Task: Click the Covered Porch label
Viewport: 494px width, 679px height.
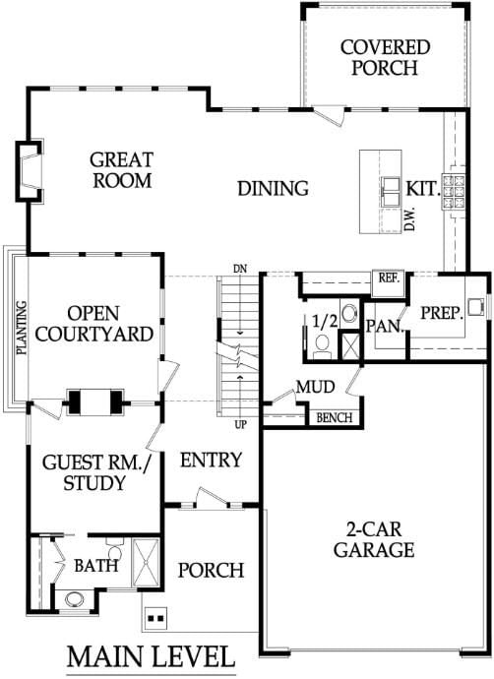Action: pos(385,58)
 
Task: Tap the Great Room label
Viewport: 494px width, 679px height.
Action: pos(122,170)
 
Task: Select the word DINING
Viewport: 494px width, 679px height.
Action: pos(274,188)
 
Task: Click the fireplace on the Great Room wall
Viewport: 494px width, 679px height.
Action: pos(30,170)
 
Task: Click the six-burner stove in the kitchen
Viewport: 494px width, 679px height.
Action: pos(453,192)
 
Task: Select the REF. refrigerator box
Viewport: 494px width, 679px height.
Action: pos(389,284)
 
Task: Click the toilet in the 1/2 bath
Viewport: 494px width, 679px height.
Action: pos(322,346)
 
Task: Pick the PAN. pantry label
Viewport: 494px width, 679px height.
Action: pos(385,326)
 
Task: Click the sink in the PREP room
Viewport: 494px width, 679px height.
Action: pos(475,306)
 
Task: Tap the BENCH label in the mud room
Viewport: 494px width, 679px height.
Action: pos(335,418)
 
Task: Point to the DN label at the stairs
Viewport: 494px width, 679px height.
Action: pos(240,269)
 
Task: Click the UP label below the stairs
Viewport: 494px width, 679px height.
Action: pos(241,425)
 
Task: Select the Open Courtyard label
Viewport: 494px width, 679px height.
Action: pos(93,324)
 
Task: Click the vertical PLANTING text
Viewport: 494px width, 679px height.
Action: pos(22,328)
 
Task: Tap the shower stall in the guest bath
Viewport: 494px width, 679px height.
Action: pos(146,563)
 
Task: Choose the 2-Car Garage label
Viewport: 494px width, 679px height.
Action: pos(374,539)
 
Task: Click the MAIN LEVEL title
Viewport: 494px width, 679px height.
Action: pos(151,656)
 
